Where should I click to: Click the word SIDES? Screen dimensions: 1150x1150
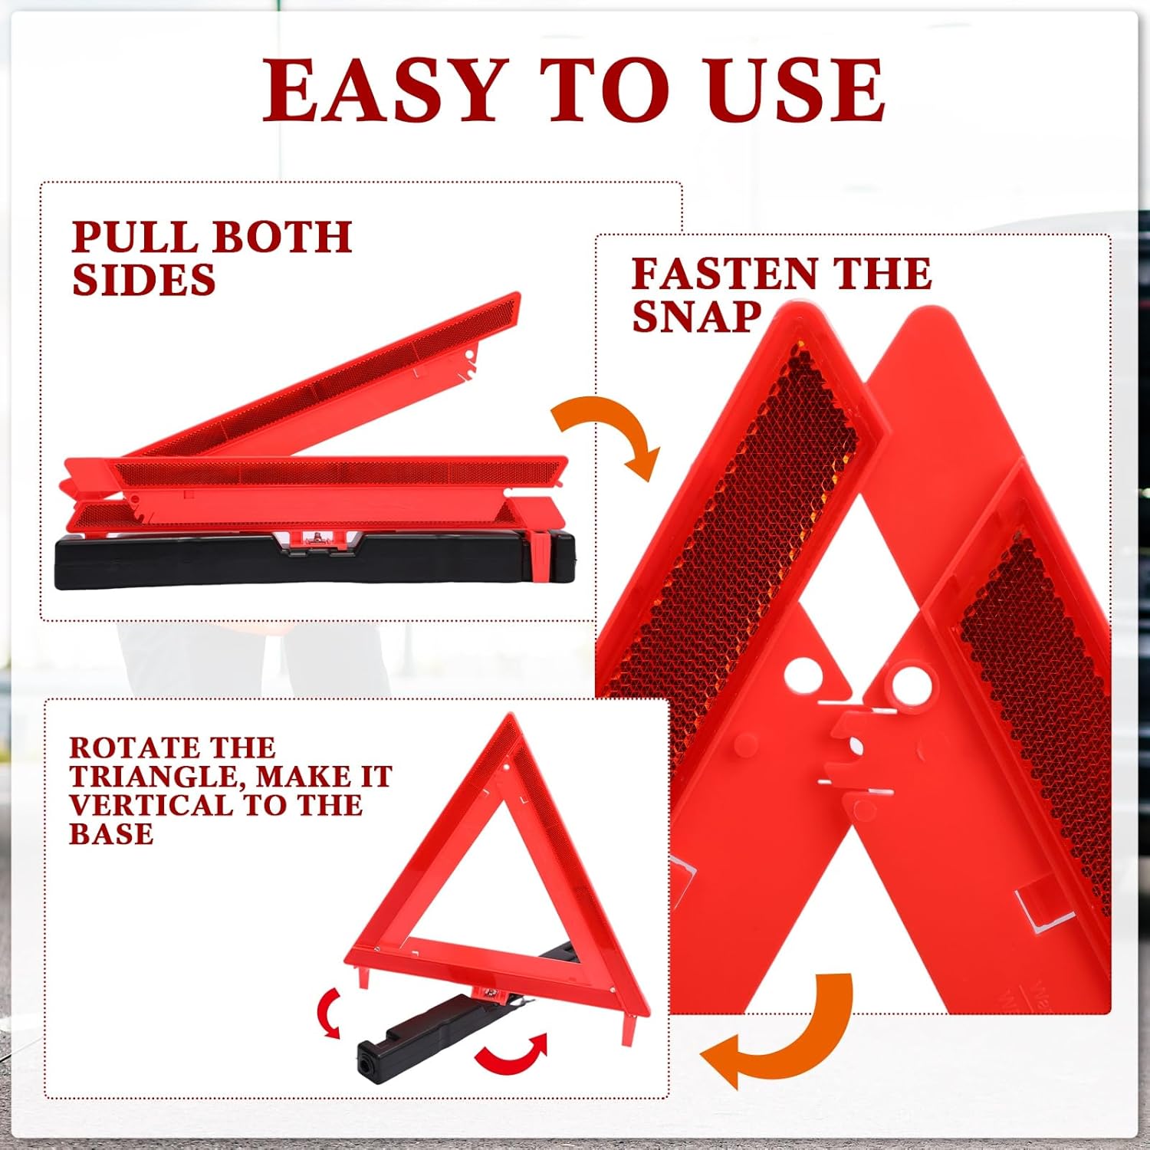tap(143, 279)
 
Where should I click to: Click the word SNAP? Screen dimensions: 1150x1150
tap(696, 316)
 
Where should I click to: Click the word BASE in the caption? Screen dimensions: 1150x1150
tap(111, 833)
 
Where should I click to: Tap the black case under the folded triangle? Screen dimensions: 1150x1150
tap(314, 561)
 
